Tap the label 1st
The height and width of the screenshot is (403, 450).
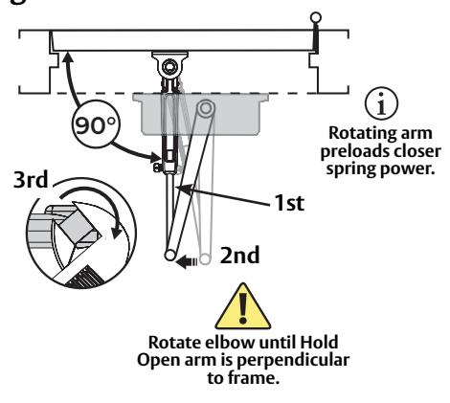coord(289,203)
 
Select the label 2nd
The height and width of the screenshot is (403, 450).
coord(239,256)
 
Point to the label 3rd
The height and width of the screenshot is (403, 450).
coord(31,180)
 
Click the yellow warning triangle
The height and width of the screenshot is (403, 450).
coord(243,306)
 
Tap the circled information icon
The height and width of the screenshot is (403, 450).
coord(382,103)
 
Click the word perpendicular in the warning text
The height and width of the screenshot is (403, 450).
coord(293,361)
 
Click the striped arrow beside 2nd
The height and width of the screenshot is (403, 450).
coord(187,262)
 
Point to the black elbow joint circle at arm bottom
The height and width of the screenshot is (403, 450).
coord(170,256)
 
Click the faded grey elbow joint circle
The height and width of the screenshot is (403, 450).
coord(205,258)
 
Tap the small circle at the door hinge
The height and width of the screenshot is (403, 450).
coord(316,17)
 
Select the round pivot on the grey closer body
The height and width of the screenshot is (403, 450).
coord(206,108)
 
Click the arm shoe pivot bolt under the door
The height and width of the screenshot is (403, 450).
coord(169,67)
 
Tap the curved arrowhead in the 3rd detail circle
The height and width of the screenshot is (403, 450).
coord(117,231)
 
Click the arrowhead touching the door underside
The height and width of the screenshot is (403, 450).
coord(67,57)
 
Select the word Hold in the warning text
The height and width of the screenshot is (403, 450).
coord(320,343)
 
